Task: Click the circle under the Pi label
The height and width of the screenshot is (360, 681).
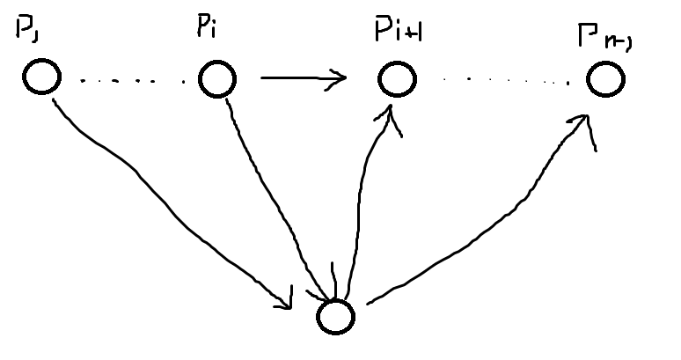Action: point(216,79)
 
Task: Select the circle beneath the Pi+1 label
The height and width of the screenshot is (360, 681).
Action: point(396,79)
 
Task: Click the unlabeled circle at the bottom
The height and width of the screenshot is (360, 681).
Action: point(335,316)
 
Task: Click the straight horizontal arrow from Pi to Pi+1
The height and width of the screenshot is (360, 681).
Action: point(299,80)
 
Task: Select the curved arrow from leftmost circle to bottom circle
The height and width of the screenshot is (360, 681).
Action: point(167,195)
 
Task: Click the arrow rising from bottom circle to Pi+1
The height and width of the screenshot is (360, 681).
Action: point(361,202)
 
